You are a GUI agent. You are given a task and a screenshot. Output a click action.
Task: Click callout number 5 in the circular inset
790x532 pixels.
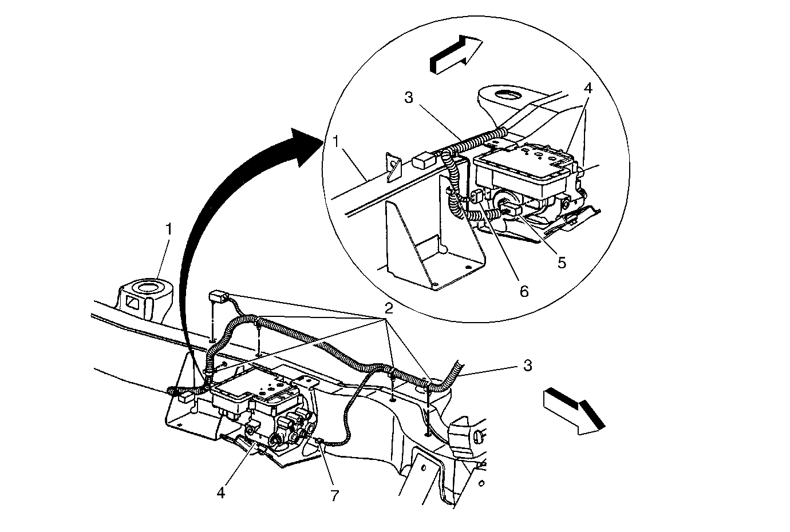562,263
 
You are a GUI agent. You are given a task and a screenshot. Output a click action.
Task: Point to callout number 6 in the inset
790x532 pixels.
524,291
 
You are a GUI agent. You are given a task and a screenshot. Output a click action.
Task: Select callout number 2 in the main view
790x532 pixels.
389,309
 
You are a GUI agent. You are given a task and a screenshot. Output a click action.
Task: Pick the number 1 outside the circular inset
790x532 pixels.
169,229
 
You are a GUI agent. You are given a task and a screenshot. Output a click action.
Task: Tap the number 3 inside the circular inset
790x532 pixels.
408,97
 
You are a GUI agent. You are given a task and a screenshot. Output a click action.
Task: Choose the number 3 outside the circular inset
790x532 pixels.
527,365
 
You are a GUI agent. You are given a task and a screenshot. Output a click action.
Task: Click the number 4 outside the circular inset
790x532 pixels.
221,492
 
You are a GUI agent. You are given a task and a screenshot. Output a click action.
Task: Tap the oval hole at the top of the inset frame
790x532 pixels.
506,94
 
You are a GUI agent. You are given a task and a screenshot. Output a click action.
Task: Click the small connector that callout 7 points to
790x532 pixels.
319,440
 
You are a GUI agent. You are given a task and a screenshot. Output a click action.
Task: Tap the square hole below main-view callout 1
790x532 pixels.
132,303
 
